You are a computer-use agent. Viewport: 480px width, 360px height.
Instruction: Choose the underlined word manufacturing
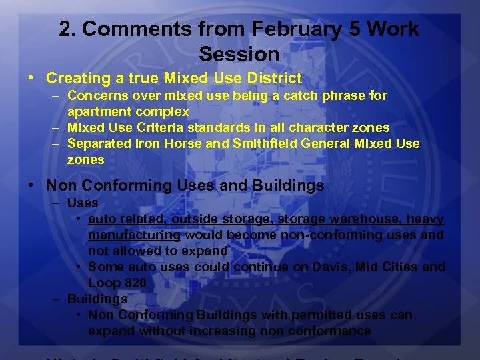pos(134,235)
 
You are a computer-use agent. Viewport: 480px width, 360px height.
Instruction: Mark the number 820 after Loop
pos(133,283)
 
